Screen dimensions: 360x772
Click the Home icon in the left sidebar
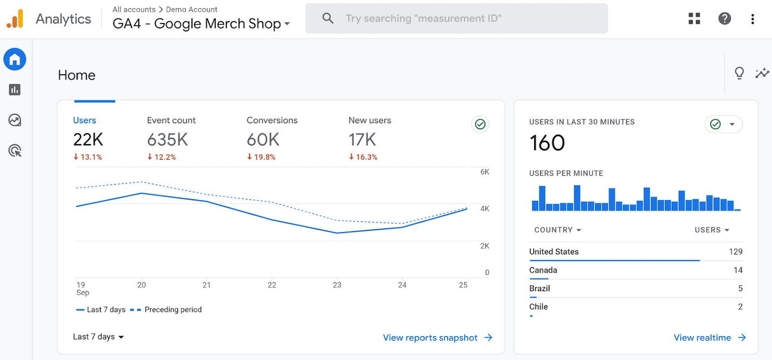[15, 59]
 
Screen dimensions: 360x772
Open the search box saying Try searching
[456, 19]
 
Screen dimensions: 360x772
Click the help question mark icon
[724, 19]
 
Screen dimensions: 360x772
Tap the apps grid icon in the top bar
[694, 19]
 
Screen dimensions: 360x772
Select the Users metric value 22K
[88, 140]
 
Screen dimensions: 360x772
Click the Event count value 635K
[167, 140]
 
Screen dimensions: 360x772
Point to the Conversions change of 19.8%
[261, 157]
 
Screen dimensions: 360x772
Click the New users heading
[370, 120]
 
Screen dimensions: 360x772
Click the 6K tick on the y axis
[484, 172]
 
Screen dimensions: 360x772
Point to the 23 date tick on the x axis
[337, 285]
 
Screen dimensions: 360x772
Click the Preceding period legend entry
[173, 310]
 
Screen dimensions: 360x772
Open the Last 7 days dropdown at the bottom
[98, 337]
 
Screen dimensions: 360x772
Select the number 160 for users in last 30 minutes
[547, 143]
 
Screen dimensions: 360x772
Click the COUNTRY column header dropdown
[557, 230]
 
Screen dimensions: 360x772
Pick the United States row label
[553, 251]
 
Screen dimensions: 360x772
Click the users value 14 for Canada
[738, 270]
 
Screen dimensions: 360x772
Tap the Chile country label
[538, 307]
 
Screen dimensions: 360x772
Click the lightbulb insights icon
[739, 73]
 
